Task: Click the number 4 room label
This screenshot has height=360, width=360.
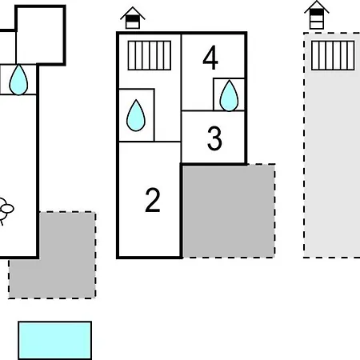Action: [x=210, y=58]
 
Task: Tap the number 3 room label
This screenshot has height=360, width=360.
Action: [x=214, y=138]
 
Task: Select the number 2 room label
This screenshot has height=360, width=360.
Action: [x=153, y=200]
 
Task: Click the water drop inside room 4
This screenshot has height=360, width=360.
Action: [x=229, y=95]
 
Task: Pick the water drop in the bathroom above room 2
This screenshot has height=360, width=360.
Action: [x=136, y=115]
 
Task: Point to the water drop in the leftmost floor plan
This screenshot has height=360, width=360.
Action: [x=18, y=79]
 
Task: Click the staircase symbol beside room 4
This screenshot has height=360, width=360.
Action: [x=150, y=55]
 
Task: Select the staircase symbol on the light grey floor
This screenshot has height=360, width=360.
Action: [x=333, y=55]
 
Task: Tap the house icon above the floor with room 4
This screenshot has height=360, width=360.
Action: [x=133, y=18]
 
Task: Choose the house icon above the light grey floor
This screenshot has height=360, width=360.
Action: [x=317, y=15]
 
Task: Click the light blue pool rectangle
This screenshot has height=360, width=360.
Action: [x=55, y=341]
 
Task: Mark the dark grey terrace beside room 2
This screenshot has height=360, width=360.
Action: [x=229, y=211]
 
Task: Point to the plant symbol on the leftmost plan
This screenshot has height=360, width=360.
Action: [x=6, y=210]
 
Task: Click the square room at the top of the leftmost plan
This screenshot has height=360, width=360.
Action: [x=41, y=35]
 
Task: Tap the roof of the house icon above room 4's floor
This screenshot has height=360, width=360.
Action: [x=133, y=12]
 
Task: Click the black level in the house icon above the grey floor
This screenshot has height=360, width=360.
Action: [x=317, y=12]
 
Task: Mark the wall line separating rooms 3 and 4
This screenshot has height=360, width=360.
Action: [x=213, y=110]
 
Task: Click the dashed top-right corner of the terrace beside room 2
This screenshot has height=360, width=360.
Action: [x=274, y=164]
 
